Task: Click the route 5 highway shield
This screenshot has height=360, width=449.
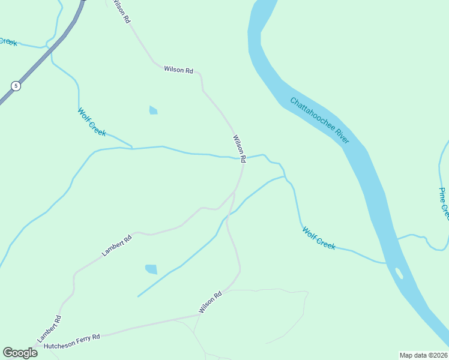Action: (16, 86)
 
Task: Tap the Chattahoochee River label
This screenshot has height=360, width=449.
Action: (319, 121)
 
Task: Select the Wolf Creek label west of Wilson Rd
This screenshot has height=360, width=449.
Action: (92, 122)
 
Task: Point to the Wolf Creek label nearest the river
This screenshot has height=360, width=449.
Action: (318, 238)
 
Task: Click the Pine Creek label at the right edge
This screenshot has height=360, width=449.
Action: (444, 204)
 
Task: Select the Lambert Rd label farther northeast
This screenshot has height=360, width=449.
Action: (116, 245)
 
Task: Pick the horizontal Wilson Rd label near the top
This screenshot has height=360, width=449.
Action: (178, 70)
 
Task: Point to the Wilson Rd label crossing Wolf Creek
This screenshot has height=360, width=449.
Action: (239, 149)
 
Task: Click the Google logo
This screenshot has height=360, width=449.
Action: (20, 352)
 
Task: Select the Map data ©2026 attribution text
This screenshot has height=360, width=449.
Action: (423, 355)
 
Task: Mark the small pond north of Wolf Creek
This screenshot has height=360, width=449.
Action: (153, 110)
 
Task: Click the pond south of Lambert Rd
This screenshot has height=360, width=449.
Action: (151, 269)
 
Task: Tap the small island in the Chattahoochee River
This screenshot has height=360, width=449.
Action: (399, 273)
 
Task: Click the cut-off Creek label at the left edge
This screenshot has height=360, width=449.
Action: (8, 41)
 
